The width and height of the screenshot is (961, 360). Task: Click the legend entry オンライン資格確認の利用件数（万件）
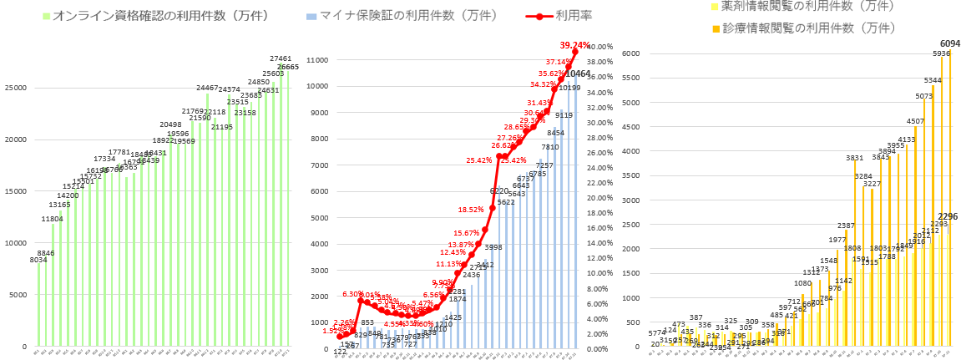pos(142,16)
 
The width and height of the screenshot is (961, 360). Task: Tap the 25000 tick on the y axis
pos(17,88)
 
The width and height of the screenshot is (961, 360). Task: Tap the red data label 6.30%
pos(353,294)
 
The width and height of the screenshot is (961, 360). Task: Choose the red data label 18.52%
pos(470,210)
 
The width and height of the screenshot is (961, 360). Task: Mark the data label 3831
pos(854,158)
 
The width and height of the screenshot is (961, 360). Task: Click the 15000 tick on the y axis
pos(17,191)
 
